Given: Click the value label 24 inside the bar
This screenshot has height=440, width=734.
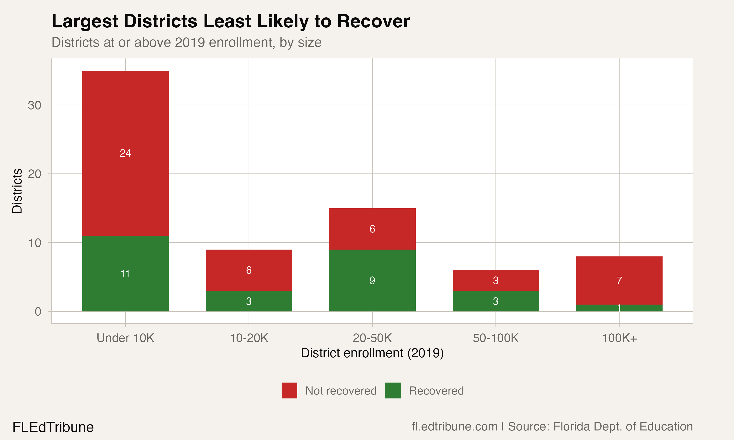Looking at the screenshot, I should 125,153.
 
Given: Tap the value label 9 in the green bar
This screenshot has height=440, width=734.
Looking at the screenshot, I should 372,280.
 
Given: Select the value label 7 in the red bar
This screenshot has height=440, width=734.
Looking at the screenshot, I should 619,280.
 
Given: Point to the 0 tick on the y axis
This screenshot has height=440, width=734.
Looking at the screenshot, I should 38,312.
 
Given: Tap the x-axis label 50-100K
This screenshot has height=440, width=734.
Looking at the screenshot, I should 495,338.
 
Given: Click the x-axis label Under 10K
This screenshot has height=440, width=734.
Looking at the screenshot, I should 125,338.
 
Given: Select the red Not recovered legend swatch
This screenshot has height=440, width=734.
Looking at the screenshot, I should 289,390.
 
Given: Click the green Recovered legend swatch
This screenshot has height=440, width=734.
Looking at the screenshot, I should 393,390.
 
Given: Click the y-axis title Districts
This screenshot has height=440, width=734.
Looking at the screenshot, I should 17,191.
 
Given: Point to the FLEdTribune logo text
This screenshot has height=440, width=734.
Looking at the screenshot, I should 53,427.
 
